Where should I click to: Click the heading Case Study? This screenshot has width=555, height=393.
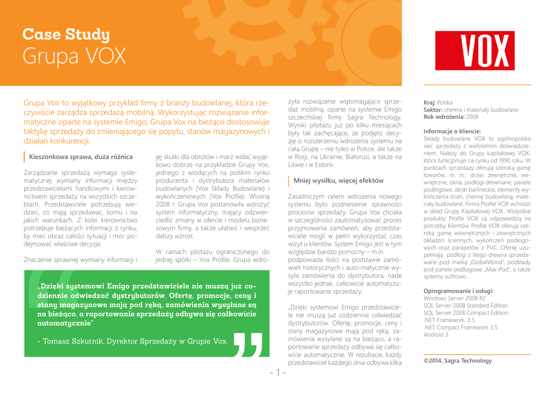[66, 35]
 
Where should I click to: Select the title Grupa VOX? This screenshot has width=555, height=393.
[74, 56]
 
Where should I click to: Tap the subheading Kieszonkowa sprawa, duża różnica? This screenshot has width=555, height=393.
[81, 157]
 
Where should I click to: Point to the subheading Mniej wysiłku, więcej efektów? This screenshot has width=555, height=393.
[338, 181]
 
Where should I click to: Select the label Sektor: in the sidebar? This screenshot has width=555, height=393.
[434, 109]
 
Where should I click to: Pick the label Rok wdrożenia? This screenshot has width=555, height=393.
[444, 117]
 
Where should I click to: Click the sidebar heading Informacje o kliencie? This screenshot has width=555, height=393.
[452, 131]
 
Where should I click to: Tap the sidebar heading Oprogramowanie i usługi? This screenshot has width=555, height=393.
[459, 291]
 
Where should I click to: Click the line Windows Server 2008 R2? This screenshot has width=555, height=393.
[454, 298]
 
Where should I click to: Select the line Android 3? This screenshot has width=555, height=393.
[436, 335]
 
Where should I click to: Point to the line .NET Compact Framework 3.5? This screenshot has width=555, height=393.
[460, 327]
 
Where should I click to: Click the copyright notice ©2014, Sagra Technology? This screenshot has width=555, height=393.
[457, 360]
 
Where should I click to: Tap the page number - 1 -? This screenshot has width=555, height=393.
[277, 373]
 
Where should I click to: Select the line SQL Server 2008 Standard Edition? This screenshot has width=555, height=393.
[466, 306]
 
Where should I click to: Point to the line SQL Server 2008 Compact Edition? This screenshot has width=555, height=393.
[466, 313]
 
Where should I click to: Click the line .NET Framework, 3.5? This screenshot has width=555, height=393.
[449, 320]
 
